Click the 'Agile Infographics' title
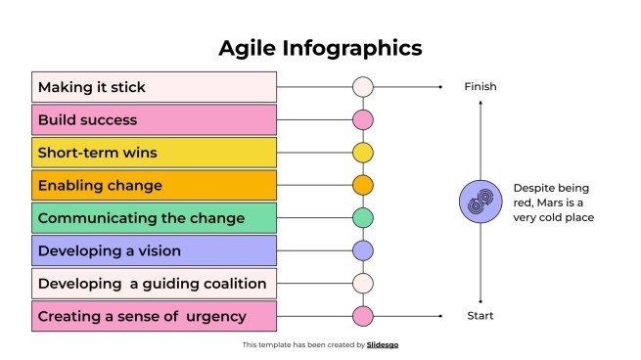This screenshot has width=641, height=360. click(320, 48)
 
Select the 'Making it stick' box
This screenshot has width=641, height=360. click(155, 87)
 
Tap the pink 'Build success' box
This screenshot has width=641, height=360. click(155, 120)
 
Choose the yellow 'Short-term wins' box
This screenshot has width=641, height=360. click(155, 153)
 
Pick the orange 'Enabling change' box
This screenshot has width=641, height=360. click(155, 185)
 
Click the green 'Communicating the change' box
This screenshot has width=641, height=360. click(155, 217)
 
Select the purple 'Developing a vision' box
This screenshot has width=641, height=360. click(155, 250)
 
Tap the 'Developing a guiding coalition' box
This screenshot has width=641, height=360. click(155, 284)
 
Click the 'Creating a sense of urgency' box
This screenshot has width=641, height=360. click(155, 316)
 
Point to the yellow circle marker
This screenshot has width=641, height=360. click(363, 153)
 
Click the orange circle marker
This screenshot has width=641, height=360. click(363, 185)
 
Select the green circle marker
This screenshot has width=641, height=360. click(363, 217)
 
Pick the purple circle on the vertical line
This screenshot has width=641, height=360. click(363, 250)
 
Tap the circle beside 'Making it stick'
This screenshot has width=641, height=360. click(363, 87)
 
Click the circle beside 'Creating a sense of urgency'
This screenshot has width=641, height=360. click(363, 316)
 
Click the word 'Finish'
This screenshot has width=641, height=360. click(481, 87)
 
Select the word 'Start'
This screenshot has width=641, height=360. click(481, 316)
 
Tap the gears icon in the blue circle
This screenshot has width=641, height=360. click(481, 202)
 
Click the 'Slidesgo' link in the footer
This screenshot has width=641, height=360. click(383, 345)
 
